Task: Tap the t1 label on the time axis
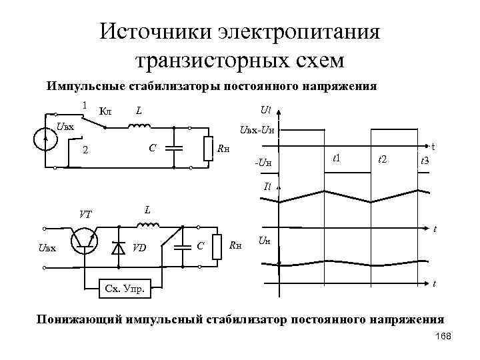pyautogui.click(x=336, y=158)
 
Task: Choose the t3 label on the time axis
pyautogui.click(x=424, y=161)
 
